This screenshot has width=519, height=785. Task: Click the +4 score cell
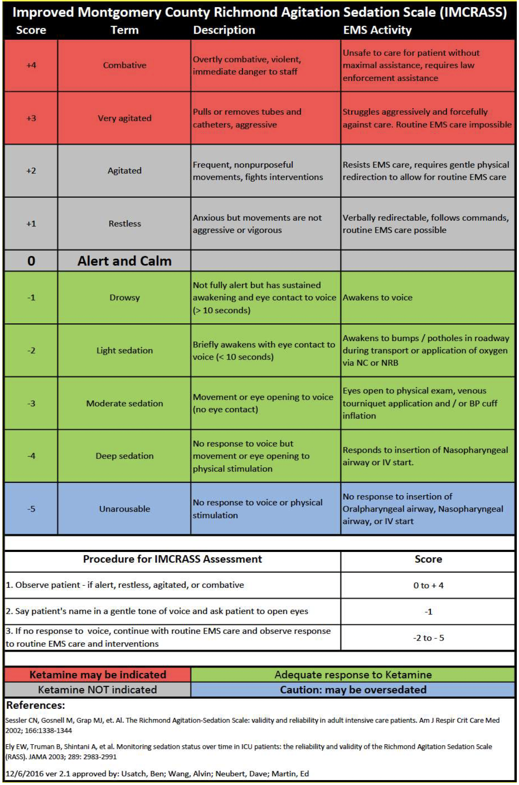[x=31, y=65]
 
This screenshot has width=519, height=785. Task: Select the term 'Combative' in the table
[x=124, y=65]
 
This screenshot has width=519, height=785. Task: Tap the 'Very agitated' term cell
[x=124, y=118]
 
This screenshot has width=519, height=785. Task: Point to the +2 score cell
[x=31, y=171]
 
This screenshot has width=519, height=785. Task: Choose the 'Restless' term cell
[x=124, y=224]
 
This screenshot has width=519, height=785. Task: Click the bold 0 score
[x=31, y=261]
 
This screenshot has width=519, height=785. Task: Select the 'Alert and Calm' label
[x=124, y=261]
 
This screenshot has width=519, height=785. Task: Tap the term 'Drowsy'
[x=124, y=298]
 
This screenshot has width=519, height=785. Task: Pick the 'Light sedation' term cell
[x=124, y=350]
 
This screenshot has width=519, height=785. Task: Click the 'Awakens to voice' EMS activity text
[x=377, y=298]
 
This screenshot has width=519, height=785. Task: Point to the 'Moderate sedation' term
[x=124, y=403]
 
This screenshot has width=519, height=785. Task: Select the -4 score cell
[x=31, y=456]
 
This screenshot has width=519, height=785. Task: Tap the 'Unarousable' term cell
[x=124, y=509]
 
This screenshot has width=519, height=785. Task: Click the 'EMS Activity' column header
[x=377, y=30]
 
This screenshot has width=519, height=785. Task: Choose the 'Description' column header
[x=224, y=30]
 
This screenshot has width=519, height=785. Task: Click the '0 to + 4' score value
[x=428, y=585]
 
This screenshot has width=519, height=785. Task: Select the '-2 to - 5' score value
[x=428, y=638]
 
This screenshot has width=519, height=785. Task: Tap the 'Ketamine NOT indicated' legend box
[x=97, y=690]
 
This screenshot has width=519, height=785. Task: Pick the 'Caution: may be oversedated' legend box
[x=353, y=690]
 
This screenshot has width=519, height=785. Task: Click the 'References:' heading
[x=35, y=705]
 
